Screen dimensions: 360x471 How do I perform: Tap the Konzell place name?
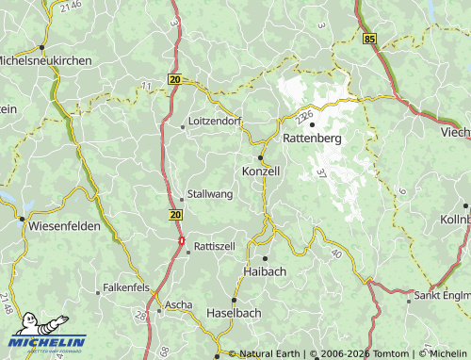coord(262,172)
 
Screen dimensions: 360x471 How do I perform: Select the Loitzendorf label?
coord(216,123)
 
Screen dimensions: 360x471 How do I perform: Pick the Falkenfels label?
coord(126,286)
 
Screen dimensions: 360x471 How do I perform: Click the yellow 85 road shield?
coord(368,39)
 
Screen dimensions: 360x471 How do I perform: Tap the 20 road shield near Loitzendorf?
coord(175,80)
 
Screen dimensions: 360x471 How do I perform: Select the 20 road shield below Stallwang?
coord(176,215)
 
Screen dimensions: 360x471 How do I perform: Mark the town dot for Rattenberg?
coord(312,124)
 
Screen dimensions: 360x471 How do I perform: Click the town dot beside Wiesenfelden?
coord(22,219)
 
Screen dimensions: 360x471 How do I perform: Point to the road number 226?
coord(304,117)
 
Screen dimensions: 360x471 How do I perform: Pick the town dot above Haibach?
coord(266,257)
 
